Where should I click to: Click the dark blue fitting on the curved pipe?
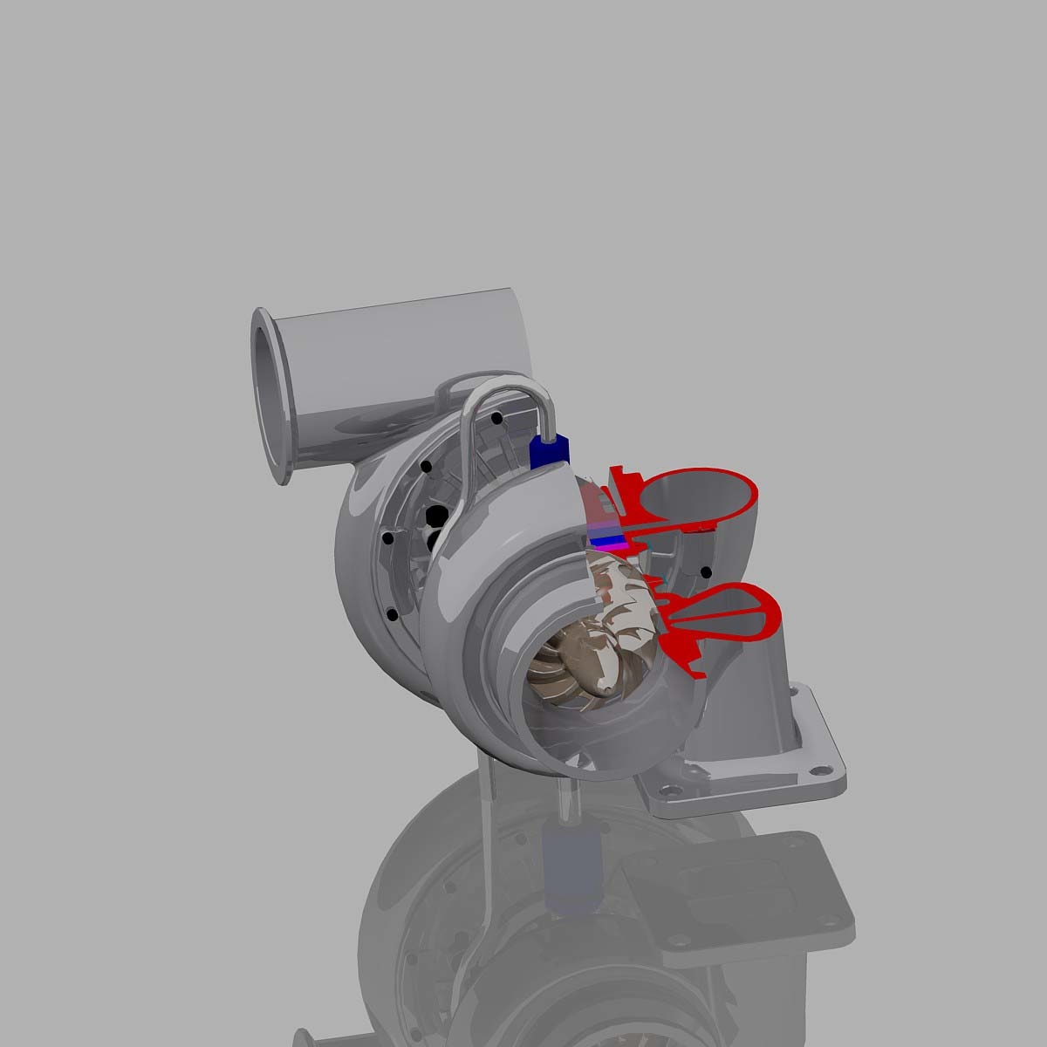pyautogui.click(x=548, y=450)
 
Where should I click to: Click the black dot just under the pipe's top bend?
pyautogui.click(x=496, y=419)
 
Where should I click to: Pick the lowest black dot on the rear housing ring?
pyautogui.click(x=392, y=614)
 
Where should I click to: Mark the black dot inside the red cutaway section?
pyautogui.click(x=705, y=572)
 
